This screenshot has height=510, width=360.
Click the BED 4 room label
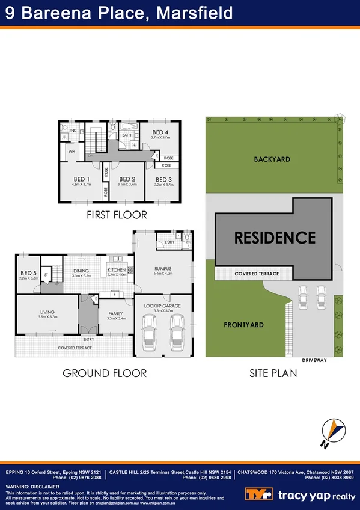click(159, 132)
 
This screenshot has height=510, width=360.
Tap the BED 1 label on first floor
click(81, 179)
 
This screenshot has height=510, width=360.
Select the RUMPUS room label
click(162, 268)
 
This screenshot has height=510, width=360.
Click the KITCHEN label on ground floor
click(117, 271)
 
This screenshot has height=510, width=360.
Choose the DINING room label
click(81, 271)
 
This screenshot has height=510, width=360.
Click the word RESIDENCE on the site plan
click(275, 238)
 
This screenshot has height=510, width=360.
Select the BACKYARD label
click(272, 159)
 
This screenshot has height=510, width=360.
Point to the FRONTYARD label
click(244, 325)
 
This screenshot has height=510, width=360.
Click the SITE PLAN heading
click(273, 373)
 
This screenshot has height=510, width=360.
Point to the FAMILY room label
click(116, 313)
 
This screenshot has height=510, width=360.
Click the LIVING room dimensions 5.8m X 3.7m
click(47, 317)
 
